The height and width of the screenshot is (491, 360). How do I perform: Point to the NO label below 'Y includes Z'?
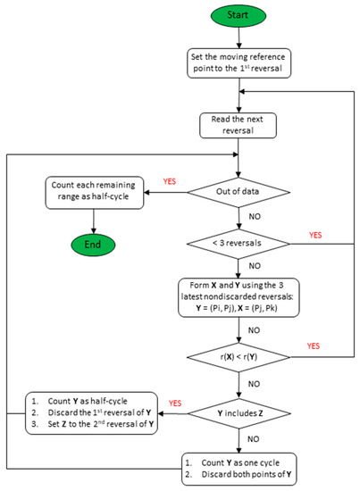pos(255,439)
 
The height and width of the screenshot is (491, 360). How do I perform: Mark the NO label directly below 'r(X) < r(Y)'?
pos(255,384)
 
